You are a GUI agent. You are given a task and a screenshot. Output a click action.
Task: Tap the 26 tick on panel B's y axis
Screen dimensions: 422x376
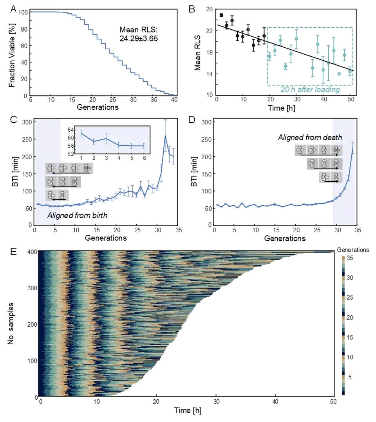(x=208, y=9)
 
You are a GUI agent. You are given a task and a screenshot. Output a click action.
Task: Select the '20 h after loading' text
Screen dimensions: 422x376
(x=310, y=89)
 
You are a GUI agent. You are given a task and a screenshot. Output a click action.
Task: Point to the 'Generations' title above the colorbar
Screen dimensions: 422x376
(x=352, y=249)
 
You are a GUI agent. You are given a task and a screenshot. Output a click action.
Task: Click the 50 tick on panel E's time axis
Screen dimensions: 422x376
(x=333, y=403)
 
